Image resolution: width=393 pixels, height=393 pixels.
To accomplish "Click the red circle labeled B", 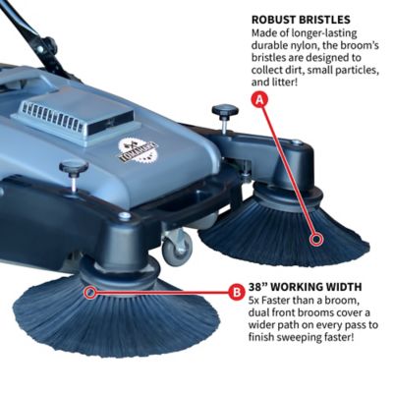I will tap(236, 292).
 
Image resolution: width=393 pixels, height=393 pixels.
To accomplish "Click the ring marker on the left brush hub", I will tap(90, 291).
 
